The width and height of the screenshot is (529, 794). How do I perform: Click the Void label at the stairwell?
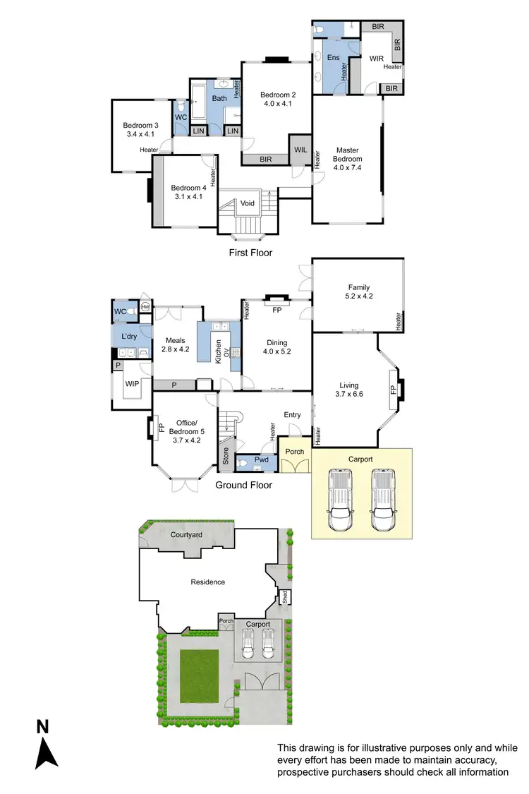click(247, 203)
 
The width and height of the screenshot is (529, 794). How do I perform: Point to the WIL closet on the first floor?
click(300, 149)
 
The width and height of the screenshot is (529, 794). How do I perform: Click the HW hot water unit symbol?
click(145, 307)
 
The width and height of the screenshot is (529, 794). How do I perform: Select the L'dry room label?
click(128, 336)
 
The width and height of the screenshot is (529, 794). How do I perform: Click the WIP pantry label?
click(131, 383)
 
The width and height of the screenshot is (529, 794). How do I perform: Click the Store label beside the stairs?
click(226, 458)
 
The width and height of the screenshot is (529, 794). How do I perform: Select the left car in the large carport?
click(340, 500)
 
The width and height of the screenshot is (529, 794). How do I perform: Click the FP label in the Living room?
click(392, 390)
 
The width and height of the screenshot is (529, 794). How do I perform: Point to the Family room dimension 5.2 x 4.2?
click(359, 297)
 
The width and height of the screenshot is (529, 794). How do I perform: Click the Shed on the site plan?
click(286, 596)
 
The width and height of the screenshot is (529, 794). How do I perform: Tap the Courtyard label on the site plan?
click(186, 535)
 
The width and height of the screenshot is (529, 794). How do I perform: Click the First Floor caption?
click(250, 252)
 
